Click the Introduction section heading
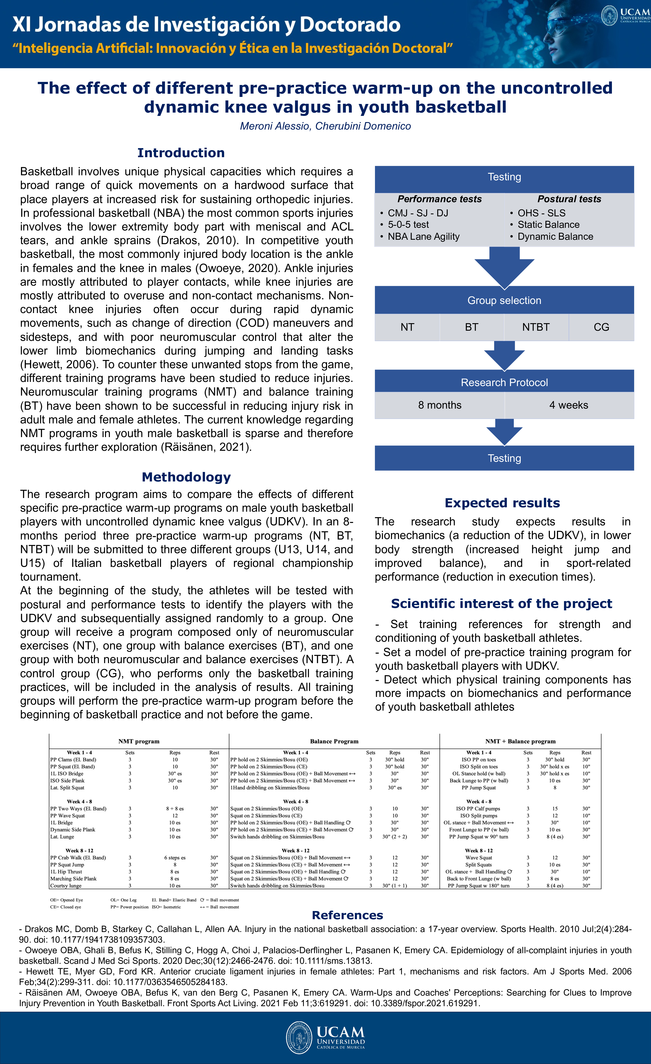coord(181,153)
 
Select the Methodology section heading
coord(186,477)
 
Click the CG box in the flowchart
coord(601,327)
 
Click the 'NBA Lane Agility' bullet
coord(423,237)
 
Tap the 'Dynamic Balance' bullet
coord(555,237)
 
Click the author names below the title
coord(325,126)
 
